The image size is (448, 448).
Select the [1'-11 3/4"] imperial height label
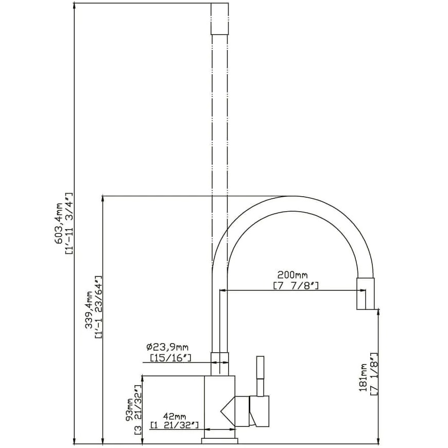(70, 223)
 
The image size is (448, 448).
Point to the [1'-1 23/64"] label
(98, 307)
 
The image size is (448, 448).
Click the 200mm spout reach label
(292, 275)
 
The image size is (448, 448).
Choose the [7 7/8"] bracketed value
(296, 285)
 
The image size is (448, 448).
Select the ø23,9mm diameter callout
(167, 347)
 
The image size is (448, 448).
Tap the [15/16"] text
(170, 357)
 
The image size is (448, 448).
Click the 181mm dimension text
(363, 377)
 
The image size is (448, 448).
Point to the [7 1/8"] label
(374, 374)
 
